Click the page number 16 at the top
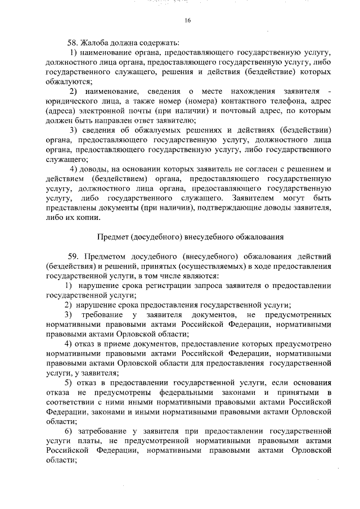pyautogui.click(x=187, y=20)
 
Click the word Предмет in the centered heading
pyautogui.click(x=115, y=237)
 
